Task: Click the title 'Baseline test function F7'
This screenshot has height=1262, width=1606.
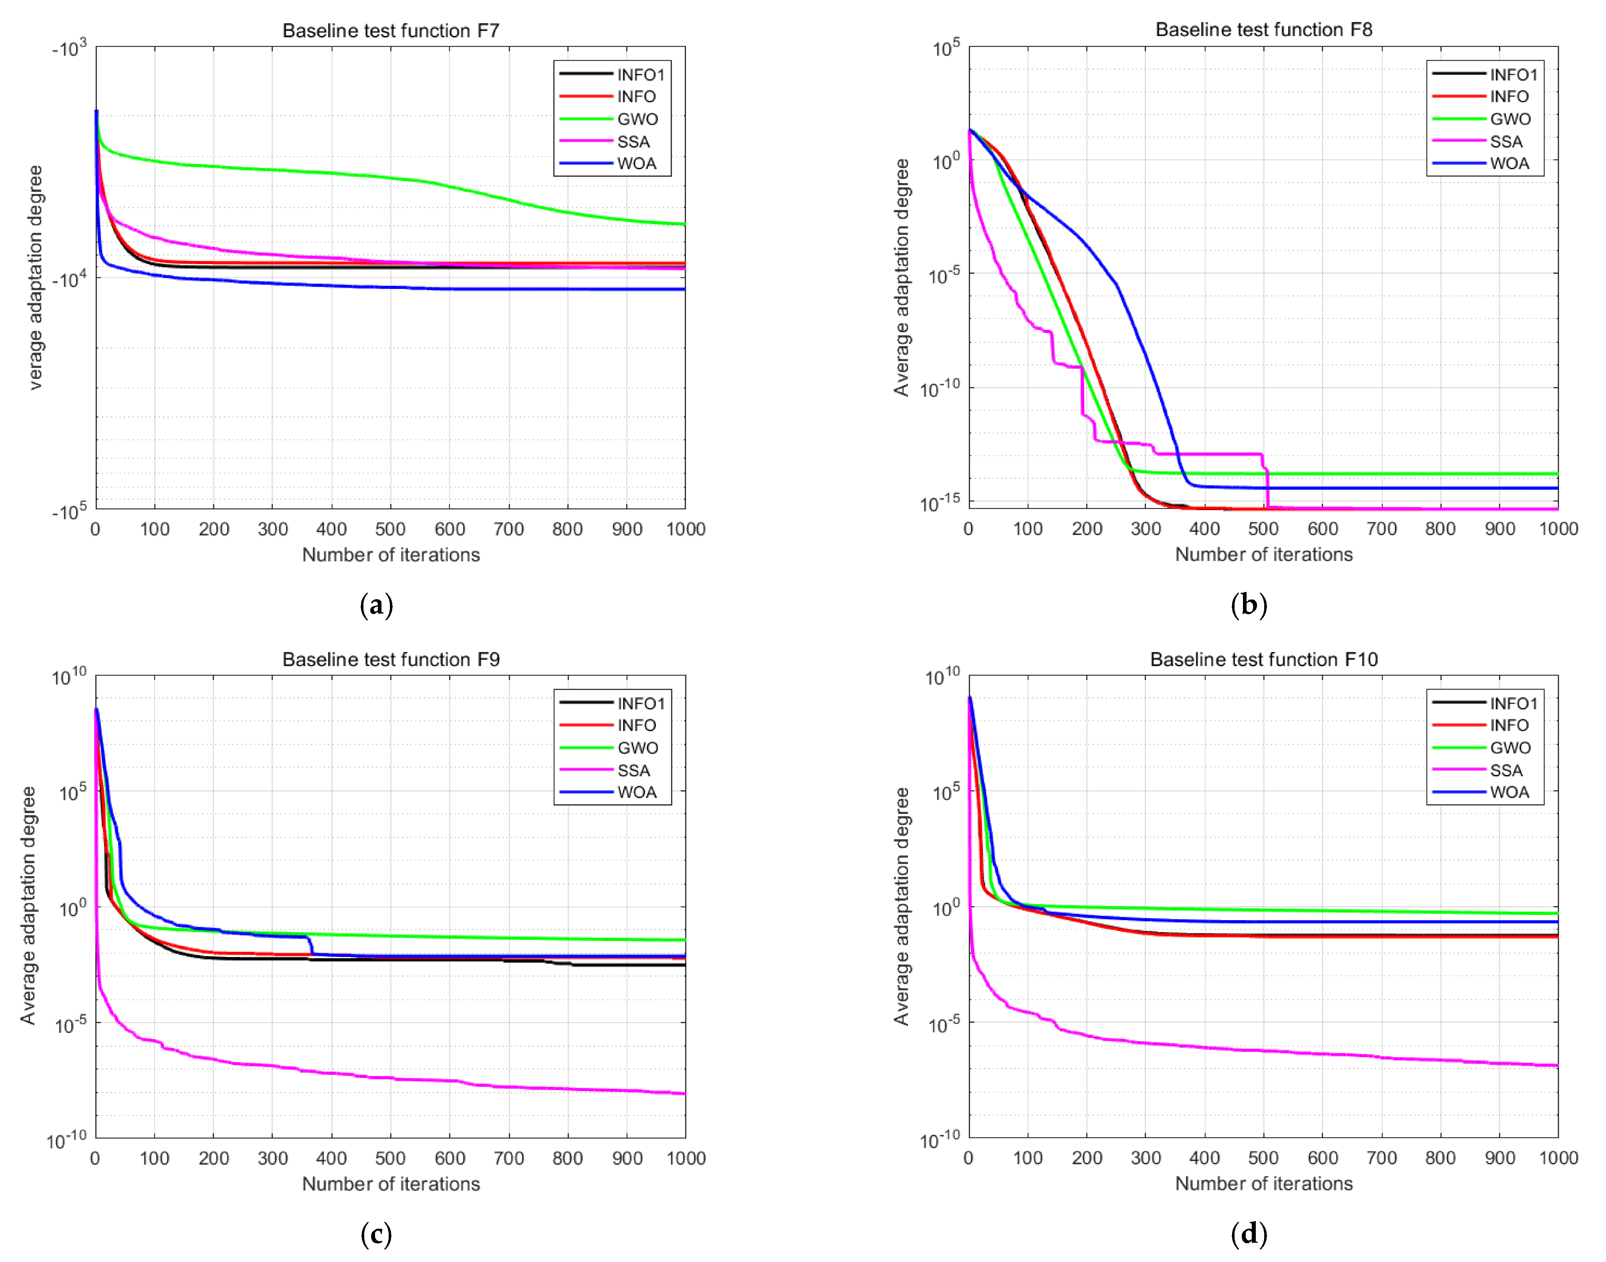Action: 391,30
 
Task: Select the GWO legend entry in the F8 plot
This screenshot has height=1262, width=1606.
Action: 1509,119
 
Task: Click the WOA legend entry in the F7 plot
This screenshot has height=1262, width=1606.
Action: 636,163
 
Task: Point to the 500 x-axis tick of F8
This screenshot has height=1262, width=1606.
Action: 1263,529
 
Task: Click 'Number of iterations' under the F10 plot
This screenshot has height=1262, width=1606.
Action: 1263,1184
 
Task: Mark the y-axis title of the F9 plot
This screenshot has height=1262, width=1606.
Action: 28,906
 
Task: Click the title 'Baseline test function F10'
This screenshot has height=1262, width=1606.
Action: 1263,659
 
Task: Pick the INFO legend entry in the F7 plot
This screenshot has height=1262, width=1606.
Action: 636,97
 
